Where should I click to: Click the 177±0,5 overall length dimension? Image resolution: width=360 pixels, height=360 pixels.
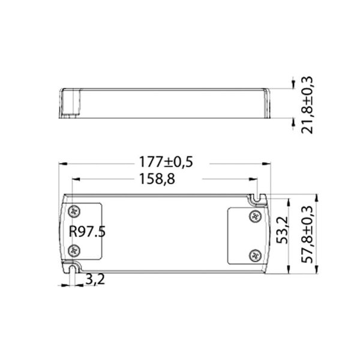[165, 162]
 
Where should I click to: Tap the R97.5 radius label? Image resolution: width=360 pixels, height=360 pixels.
[88, 232]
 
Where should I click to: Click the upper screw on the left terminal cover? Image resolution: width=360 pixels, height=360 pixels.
[75, 211]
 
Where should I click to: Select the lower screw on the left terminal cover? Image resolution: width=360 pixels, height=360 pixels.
[75, 249]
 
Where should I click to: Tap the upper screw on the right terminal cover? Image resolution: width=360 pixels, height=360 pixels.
[254, 216]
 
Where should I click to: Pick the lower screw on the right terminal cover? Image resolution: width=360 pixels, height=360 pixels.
[254, 254]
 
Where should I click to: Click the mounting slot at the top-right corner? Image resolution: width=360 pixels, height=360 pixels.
[258, 197]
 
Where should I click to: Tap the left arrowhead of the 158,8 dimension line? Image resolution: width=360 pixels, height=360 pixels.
[74, 179]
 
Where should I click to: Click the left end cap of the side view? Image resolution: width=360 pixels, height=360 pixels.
[70, 104]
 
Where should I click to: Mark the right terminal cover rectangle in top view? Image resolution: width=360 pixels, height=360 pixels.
[245, 235]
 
